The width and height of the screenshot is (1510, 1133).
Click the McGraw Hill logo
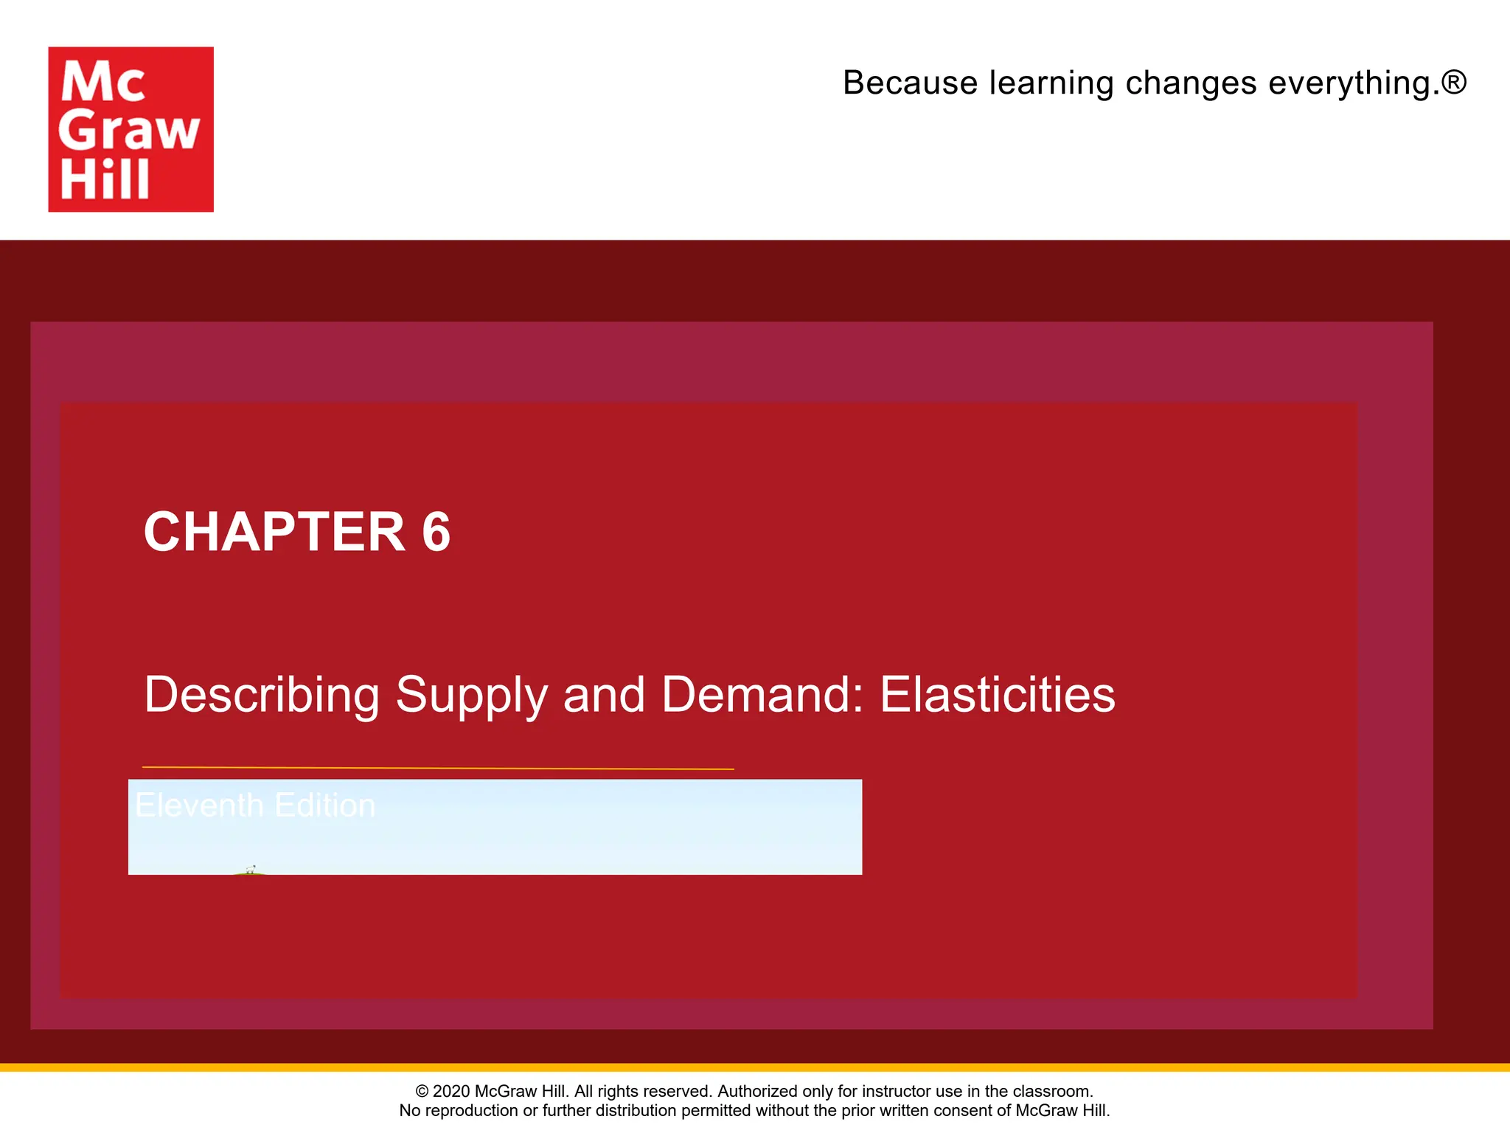pos(131,129)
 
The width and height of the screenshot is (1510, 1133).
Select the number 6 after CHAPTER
pos(436,532)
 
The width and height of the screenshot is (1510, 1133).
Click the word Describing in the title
pos(262,695)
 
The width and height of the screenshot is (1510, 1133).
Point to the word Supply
pos(471,695)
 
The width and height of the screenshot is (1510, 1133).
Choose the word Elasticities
pos(998,695)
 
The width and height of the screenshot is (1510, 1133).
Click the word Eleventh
pos(199,805)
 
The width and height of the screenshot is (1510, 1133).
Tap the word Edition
pos(325,805)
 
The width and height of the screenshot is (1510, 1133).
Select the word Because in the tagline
pos(910,83)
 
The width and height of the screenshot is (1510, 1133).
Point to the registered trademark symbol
pos(1454,81)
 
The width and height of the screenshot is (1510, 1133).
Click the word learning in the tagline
pos(1051,83)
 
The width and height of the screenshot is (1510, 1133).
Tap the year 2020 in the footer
pos(451,1091)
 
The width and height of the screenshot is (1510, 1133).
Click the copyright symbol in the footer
pos(422,1091)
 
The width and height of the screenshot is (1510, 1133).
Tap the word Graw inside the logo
pos(129,131)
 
